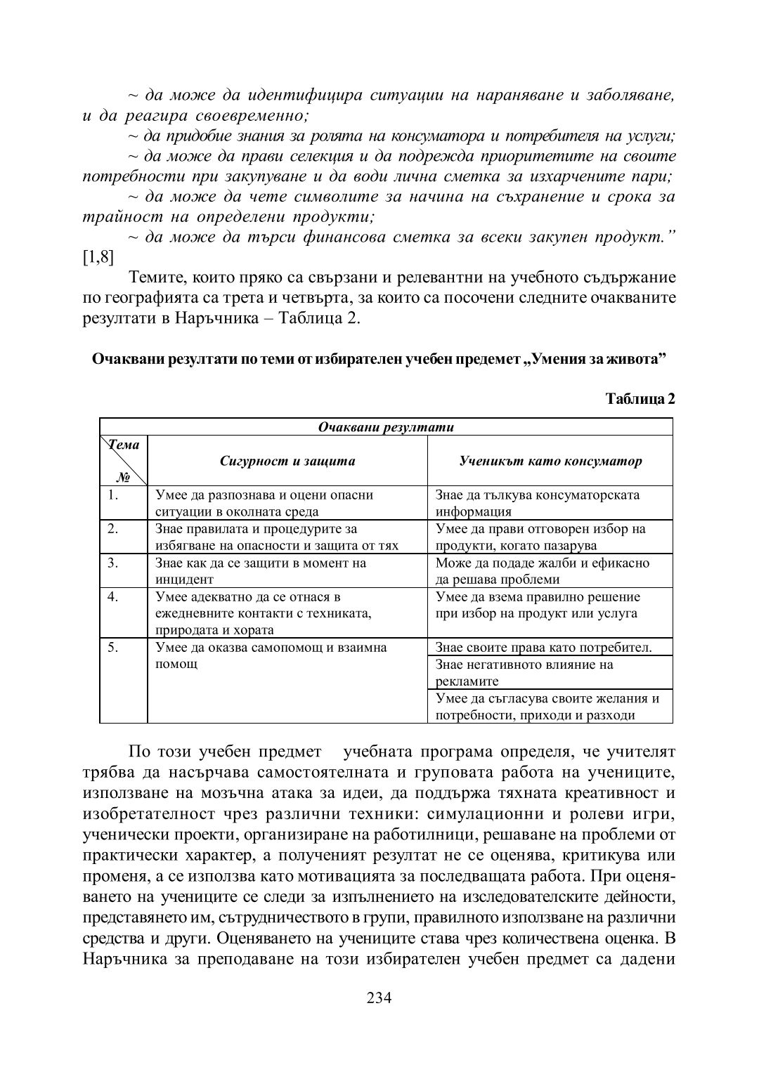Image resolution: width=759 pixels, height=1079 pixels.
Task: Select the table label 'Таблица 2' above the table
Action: (x=640, y=400)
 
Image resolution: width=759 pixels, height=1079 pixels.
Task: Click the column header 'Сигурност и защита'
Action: (x=287, y=462)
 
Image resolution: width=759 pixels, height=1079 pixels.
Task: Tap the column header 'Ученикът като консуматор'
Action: (x=550, y=462)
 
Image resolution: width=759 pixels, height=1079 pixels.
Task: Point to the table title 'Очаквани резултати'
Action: (x=386, y=427)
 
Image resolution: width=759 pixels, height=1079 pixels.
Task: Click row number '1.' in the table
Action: (x=114, y=495)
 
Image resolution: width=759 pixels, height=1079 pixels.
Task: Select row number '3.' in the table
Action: (x=114, y=563)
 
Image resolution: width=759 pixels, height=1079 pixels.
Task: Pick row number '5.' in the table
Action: (x=114, y=647)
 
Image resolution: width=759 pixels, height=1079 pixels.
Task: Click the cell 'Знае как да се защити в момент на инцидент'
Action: (x=261, y=571)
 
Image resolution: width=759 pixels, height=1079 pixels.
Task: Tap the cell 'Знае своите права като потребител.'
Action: (x=544, y=648)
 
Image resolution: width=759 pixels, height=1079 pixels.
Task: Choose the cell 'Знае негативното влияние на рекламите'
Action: (x=524, y=672)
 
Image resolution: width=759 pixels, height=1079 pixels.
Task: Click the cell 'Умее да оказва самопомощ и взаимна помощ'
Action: (x=271, y=655)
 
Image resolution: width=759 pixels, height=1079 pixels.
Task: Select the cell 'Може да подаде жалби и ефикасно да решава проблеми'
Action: (x=543, y=571)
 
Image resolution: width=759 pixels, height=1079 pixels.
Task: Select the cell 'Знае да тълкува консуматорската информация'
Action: (x=538, y=503)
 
